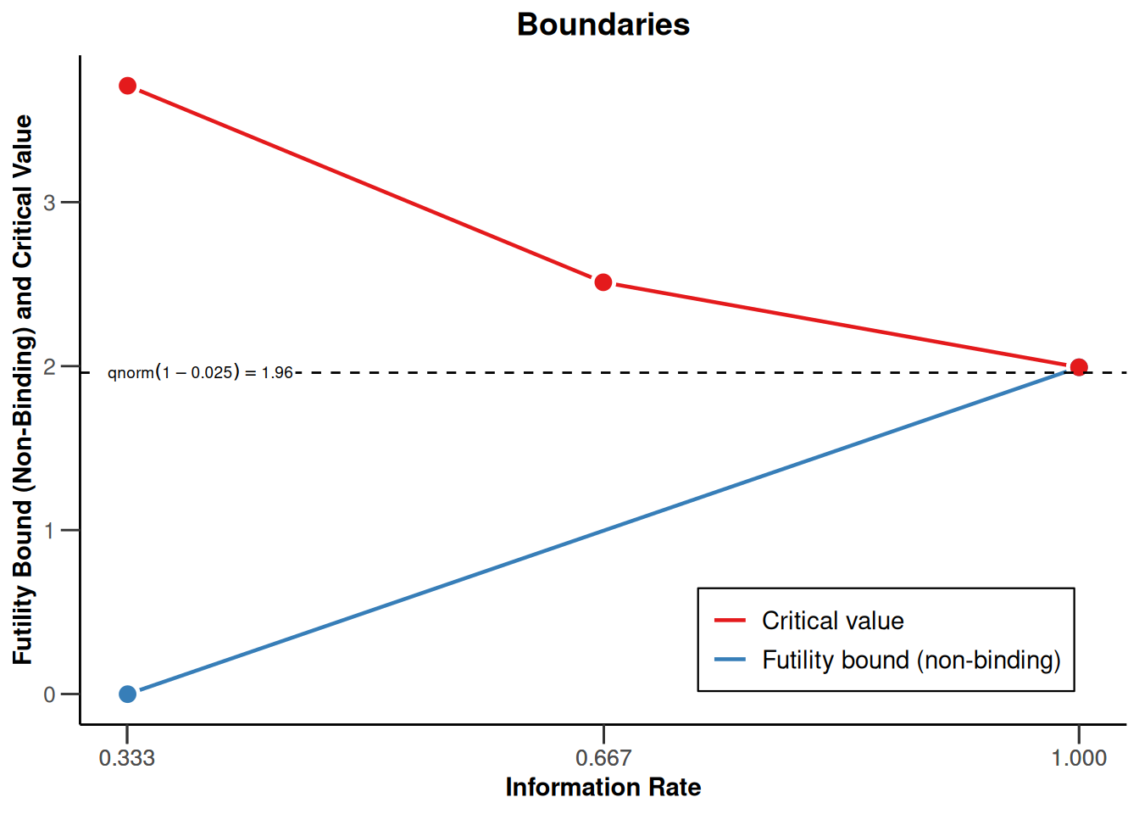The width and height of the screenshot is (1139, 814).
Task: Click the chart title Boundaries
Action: (603, 25)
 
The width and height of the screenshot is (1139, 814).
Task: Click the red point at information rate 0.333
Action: (128, 86)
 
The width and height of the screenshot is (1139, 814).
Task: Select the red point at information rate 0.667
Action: (603, 282)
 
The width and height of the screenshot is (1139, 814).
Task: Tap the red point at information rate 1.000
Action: (1079, 367)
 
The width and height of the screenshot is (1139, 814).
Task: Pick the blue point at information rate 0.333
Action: (128, 694)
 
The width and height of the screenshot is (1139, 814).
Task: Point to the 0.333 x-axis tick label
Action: (127, 757)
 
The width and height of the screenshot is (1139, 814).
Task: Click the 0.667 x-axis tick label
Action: (603, 757)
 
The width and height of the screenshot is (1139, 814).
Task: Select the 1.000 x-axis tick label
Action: (1079, 757)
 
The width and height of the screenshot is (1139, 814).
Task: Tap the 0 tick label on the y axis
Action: (49, 694)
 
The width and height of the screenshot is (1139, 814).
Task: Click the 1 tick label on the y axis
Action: (49, 531)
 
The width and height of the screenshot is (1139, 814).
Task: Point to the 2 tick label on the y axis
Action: (49, 367)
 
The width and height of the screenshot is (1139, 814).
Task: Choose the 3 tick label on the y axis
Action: (49, 203)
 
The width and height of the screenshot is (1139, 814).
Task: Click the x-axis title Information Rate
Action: (603, 788)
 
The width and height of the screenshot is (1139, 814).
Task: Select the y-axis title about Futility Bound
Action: (23, 390)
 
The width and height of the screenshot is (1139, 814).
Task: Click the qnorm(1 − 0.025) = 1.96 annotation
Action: (200, 372)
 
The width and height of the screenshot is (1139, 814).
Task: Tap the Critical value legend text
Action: (832, 621)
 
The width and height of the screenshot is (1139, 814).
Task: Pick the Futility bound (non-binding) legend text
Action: (911, 660)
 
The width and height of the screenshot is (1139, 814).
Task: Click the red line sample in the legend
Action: (730, 621)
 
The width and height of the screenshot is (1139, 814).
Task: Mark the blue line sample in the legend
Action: (730, 660)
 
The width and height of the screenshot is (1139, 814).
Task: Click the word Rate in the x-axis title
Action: (675, 788)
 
